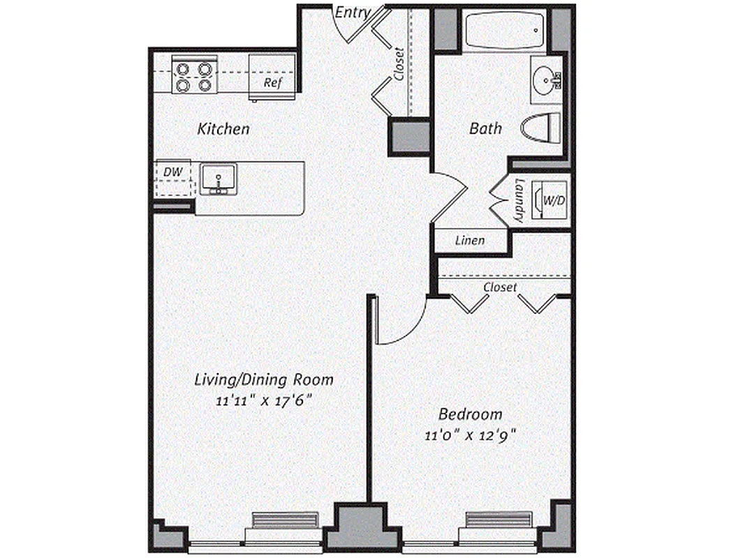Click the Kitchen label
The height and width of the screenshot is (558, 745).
click(x=223, y=129)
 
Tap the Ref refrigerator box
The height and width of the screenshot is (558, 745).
click(x=272, y=78)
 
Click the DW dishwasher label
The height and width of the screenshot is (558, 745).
click(x=172, y=171)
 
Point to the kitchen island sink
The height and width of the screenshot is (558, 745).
click(x=217, y=179)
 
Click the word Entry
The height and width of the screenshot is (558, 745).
click(x=353, y=13)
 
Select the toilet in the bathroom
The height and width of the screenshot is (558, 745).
click(x=542, y=127)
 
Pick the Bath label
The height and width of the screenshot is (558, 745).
click(x=485, y=128)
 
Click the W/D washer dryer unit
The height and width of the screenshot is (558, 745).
click(x=552, y=200)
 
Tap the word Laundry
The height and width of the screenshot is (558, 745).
click(x=519, y=202)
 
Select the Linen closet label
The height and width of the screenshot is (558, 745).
click(x=470, y=241)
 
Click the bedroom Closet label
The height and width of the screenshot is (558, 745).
click(x=501, y=287)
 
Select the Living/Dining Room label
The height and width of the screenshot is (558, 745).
click(x=263, y=380)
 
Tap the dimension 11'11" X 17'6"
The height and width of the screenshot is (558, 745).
click(x=263, y=401)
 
